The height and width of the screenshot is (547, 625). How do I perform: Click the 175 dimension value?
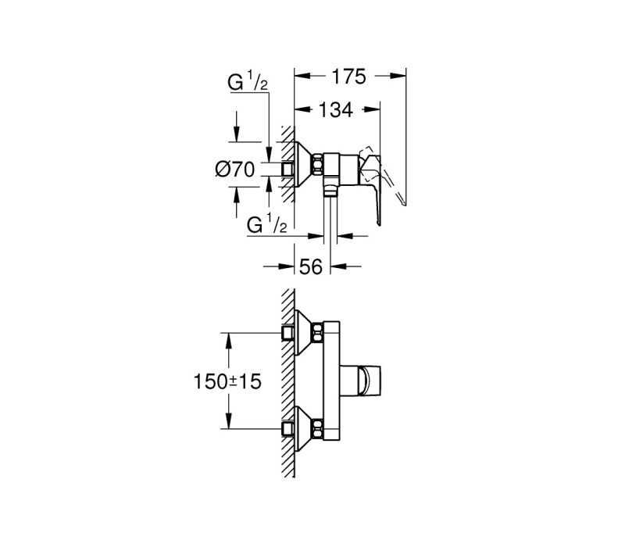pyautogui.click(x=349, y=77)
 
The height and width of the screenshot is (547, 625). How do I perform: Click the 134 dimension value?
pyautogui.click(x=336, y=109)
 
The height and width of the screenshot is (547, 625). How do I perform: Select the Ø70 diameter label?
pyautogui.click(x=234, y=170)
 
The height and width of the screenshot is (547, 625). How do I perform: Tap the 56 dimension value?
pyautogui.click(x=310, y=266)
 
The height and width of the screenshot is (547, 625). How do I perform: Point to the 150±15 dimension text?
pyautogui.click(x=227, y=381)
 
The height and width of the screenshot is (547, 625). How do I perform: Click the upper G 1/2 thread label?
pyautogui.click(x=248, y=83)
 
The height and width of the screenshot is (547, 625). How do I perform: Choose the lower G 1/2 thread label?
pyautogui.click(x=266, y=223)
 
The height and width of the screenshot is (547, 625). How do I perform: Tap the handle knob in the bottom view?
pyautogui.click(x=370, y=381)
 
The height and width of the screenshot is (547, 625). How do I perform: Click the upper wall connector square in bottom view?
pyautogui.click(x=287, y=333)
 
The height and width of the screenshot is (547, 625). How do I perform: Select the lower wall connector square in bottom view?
pyautogui.click(x=287, y=429)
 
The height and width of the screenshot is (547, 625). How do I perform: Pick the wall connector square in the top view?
pyautogui.click(x=287, y=169)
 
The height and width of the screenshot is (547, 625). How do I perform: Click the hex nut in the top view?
pyautogui.click(x=317, y=164)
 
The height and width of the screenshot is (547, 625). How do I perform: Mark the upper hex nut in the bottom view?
pyautogui.click(x=317, y=333)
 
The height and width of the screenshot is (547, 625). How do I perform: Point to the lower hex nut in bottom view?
pyautogui.click(x=317, y=429)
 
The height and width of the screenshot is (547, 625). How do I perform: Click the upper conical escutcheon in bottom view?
pyautogui.click(x=303, y=333)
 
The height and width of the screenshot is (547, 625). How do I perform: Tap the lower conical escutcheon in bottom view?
pyautogui.click(x=303, y=429)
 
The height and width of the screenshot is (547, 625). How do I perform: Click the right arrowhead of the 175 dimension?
pyautogui.click(x=398, y=76)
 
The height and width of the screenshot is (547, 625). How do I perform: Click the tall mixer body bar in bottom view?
pyautogui.click(x=331, y=381)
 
